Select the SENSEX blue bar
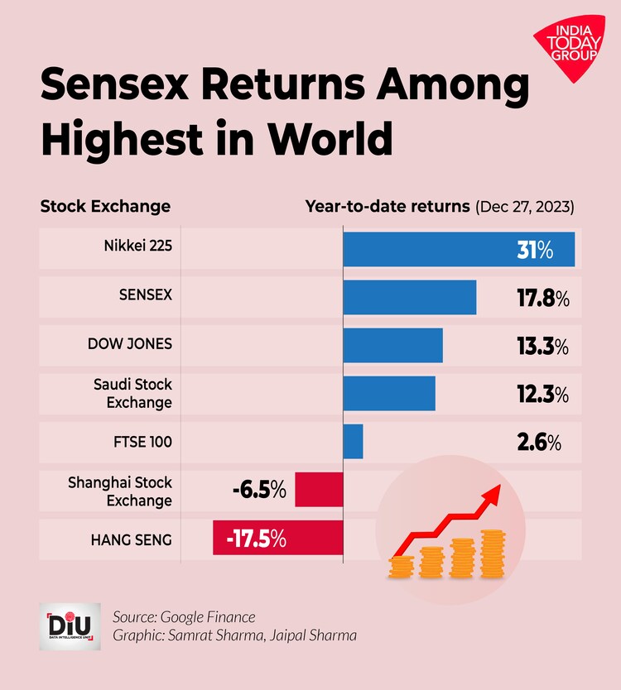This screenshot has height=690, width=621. click(x=409, y=297)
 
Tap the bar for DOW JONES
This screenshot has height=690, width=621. click(x=392, y=345)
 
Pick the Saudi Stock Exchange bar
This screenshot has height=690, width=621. click(x=388, y=393)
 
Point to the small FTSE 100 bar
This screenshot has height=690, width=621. click(x=353, y=441)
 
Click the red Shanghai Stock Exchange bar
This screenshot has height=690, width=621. click(x=318, y=490)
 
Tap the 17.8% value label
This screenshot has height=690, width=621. click(x=542, y=298)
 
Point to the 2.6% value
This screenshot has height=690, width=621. click(x=539, y=442)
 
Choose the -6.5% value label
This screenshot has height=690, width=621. click(x=258, y=490)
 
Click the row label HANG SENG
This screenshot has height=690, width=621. click(x=131, y=539)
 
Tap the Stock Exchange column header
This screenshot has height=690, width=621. click(x=105, y=206)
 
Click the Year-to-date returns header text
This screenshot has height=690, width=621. click(x=388, y=206)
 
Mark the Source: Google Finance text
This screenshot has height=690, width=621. click(x=184, y=616)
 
